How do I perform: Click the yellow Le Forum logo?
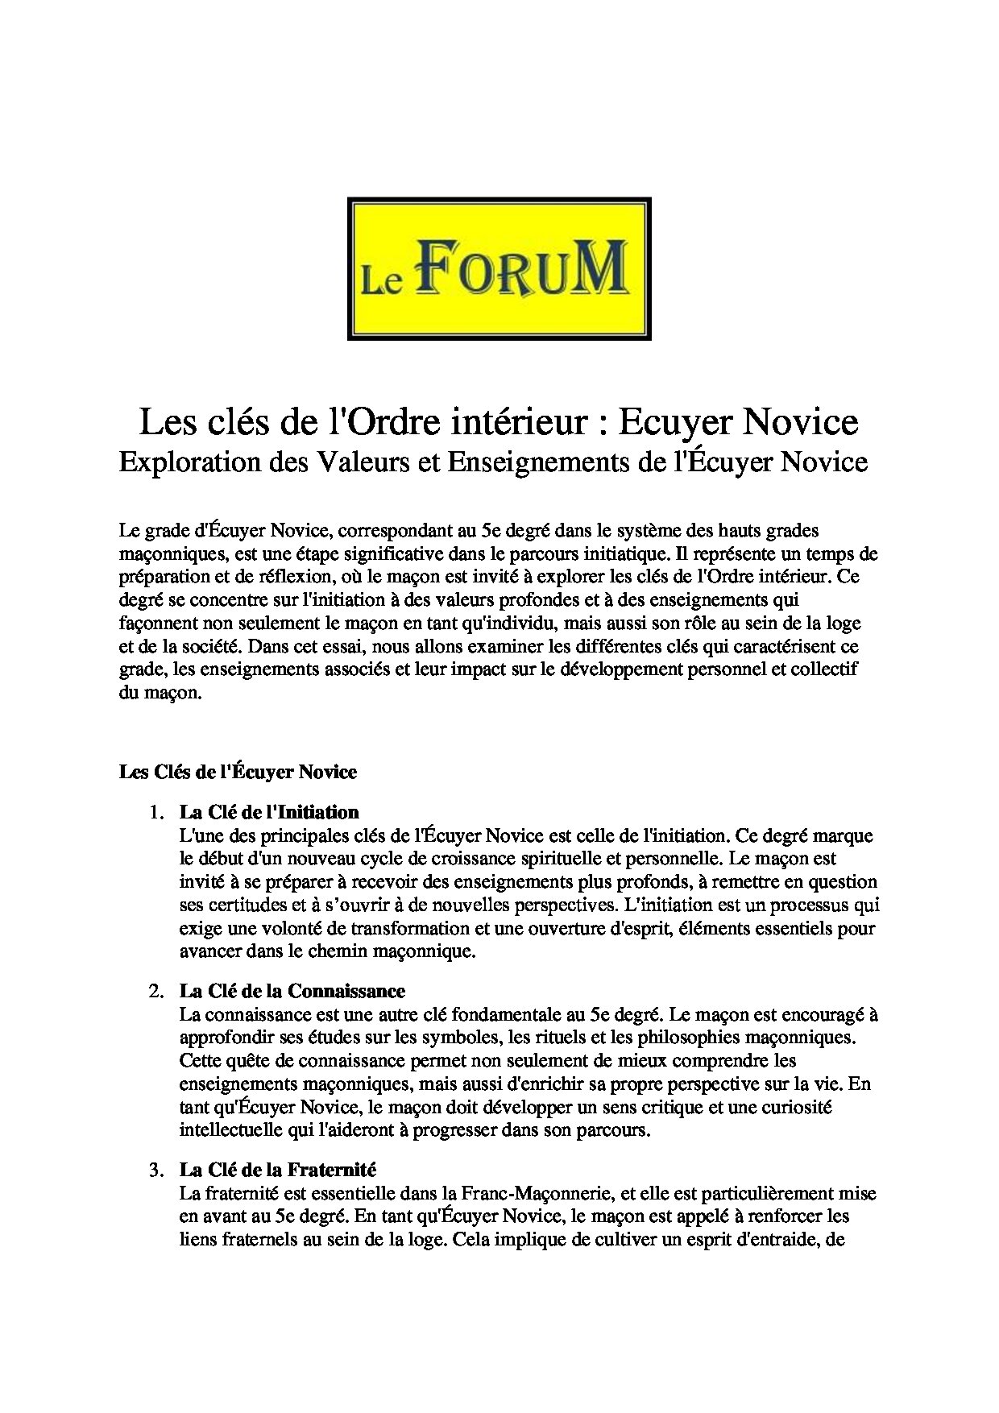coord(499,268)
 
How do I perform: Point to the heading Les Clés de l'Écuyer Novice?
coord(238,772)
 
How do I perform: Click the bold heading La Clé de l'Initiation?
coord(269,811)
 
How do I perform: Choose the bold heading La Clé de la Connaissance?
coord(292,990)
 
